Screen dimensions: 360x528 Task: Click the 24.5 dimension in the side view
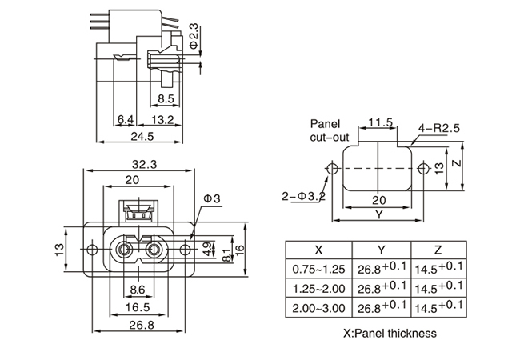tap(145, 137)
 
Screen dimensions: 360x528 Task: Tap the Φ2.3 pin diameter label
tap(194, 34)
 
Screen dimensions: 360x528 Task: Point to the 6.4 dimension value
tap(125, 120)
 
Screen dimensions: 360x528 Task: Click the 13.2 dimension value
tap(162, 120)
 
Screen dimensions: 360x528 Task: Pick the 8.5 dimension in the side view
tap(166, 99)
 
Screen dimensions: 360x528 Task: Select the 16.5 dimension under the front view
tap(137, 306)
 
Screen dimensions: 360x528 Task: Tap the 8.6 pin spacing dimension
tap(137, 289)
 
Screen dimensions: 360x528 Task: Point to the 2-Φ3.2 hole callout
tap(303, 194)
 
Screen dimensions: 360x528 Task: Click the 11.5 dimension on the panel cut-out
tap(380, 122)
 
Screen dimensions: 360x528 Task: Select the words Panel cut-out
tap(326, 131)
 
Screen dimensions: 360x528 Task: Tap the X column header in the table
tap(318, 248)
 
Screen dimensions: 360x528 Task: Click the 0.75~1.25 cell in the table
tap(318, 268)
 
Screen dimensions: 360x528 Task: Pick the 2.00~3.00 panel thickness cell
tap(318, 308)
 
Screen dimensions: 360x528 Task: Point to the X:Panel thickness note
tap(390, 333)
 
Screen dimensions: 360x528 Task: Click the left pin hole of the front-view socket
tap(123, 250)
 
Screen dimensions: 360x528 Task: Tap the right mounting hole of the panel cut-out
tap(423, 167)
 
